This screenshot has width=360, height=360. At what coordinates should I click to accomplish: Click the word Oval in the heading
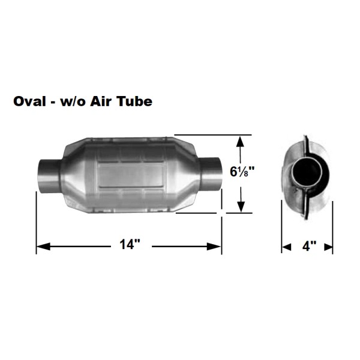30,101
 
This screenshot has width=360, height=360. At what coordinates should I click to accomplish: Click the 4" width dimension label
309,246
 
